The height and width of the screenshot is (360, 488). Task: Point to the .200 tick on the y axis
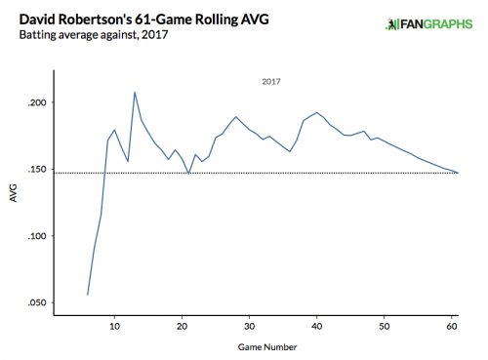click(x=32, y=102)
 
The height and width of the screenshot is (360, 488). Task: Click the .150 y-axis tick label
click(x=32, y=170)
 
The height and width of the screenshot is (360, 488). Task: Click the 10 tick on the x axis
click(x=115, y=325)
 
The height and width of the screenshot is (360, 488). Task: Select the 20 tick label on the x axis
click(x=183, y=325)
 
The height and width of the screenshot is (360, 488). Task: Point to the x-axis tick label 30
click(x=250, y=325)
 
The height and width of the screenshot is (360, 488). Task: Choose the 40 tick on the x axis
click(x=317, y=325)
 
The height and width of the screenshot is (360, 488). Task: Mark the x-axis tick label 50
click(x=385, y=325)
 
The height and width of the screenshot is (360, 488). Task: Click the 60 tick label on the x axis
click(x=452, y=325)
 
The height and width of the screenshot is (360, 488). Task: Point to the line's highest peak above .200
click(x=135, y=93)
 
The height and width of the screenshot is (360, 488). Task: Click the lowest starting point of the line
click(x=88, y=295)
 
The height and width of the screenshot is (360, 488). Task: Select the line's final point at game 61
click(x=458, y=173)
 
